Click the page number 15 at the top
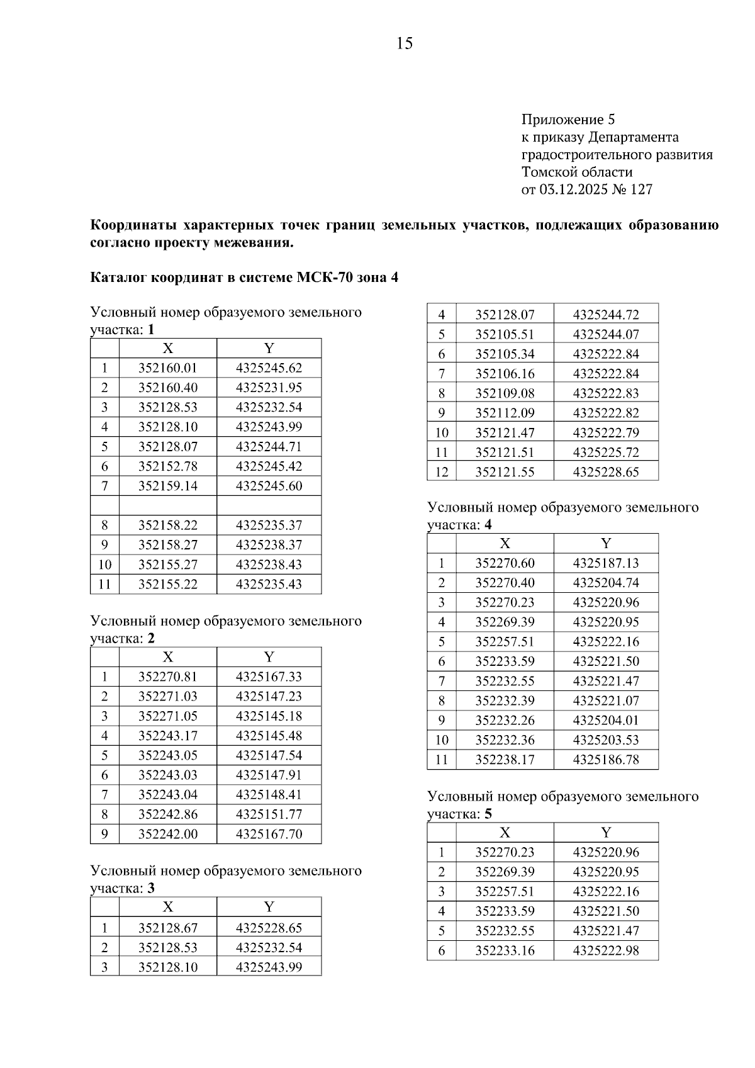coord(405,43)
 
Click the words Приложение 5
coord(568,120)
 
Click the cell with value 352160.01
coord(167,368)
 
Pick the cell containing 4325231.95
coord(269,388)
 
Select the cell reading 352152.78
coord(167,466)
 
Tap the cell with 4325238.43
coord(269,565)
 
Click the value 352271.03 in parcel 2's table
coord(167,697)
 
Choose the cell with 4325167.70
coord(269,834)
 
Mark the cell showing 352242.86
coord(167,814)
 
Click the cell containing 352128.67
coord(167,928)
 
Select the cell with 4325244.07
coord(605,334)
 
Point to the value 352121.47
coord(505,432)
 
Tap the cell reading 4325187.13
coord(605,563)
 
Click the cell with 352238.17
coord(505,760)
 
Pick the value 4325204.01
coord(605,721)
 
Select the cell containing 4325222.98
coord(605,950)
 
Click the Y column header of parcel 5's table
coord(605,833)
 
